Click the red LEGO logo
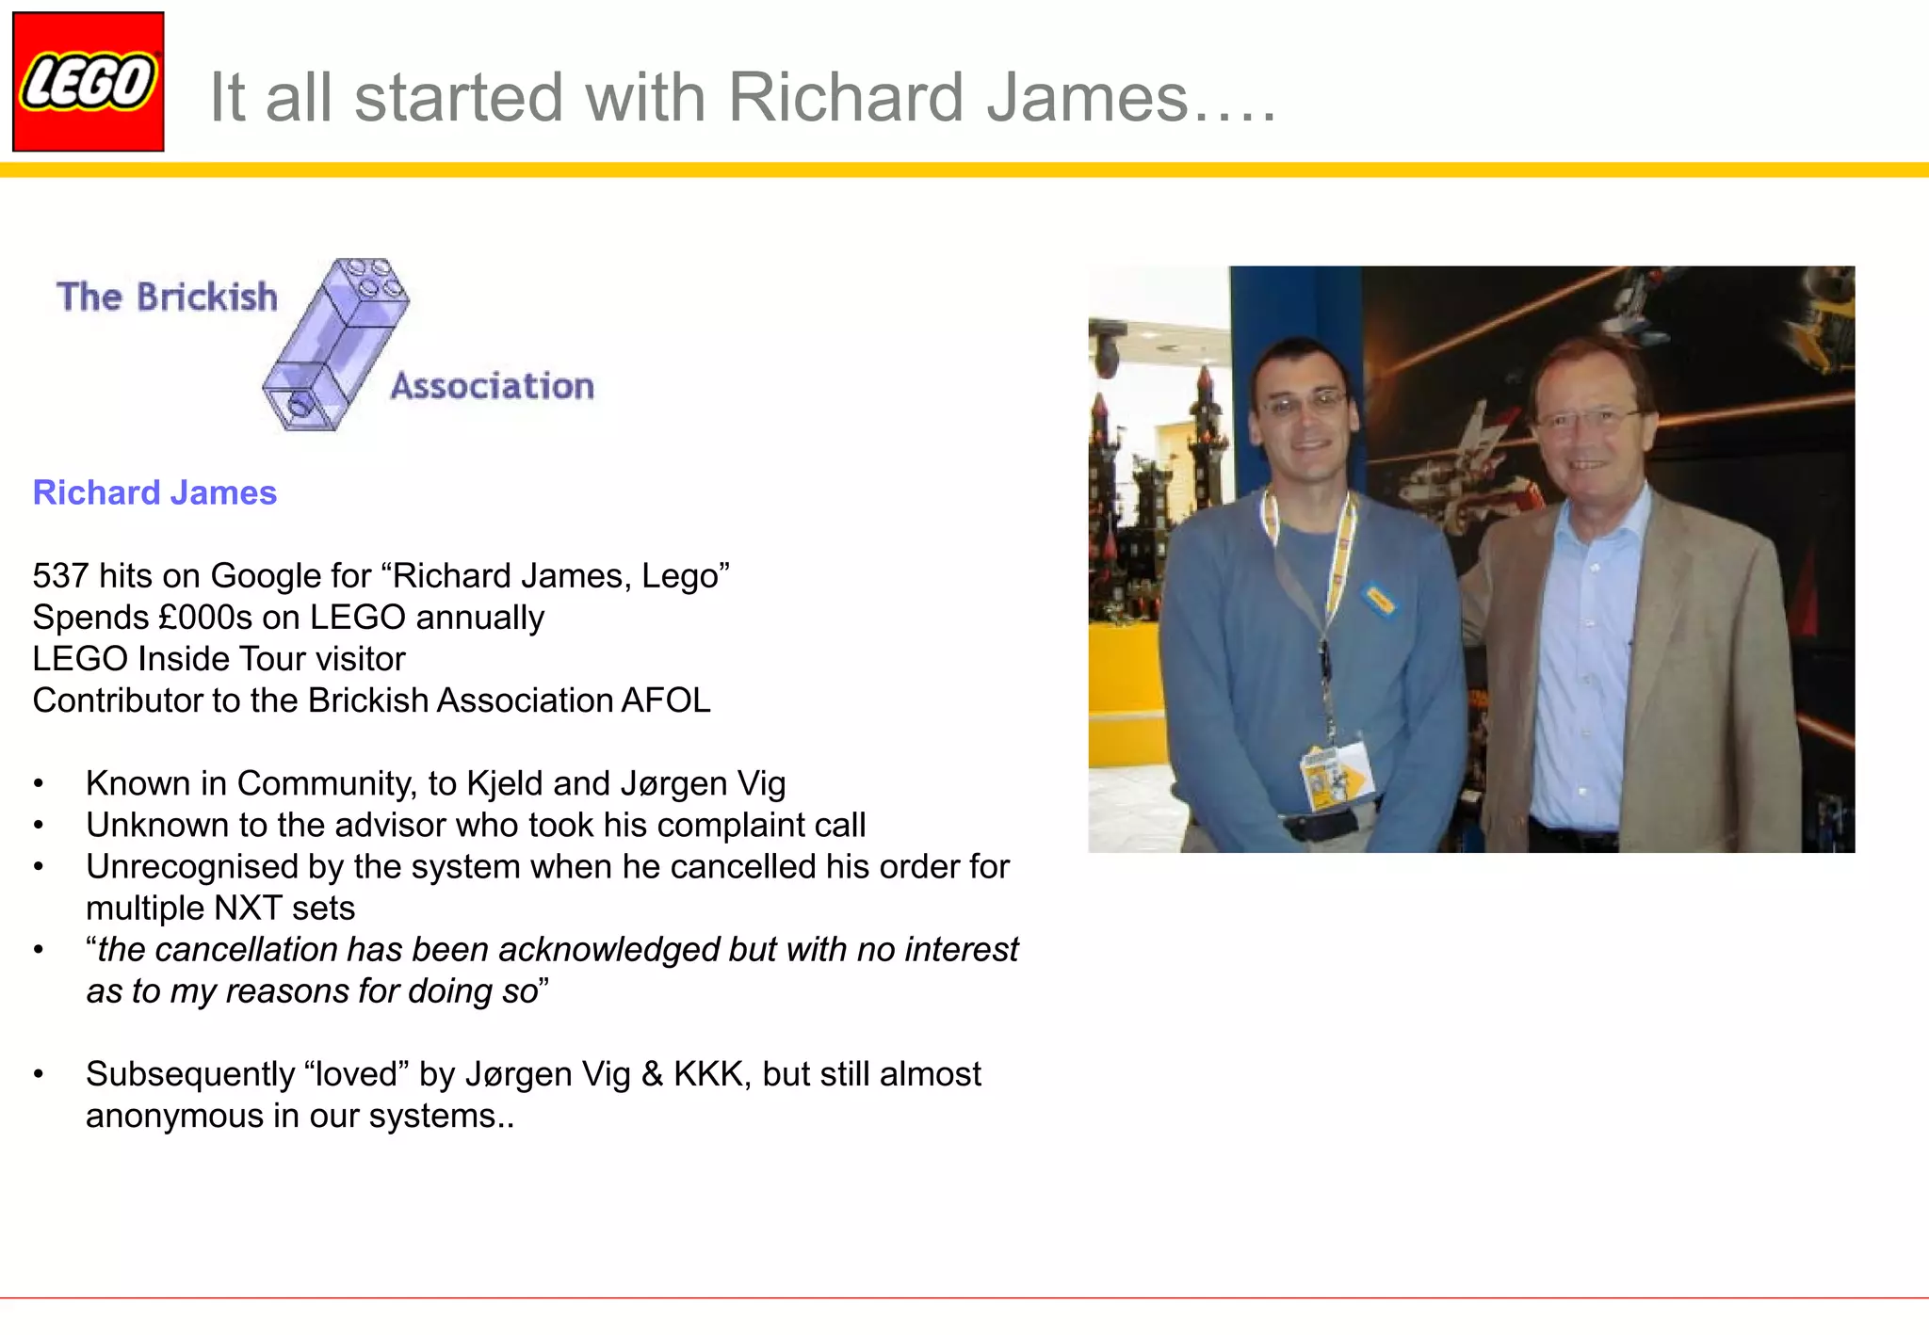88,82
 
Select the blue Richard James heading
154,492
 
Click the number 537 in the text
60,575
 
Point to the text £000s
205,618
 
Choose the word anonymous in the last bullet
175,1116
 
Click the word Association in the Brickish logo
493,386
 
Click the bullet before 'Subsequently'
39,1074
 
